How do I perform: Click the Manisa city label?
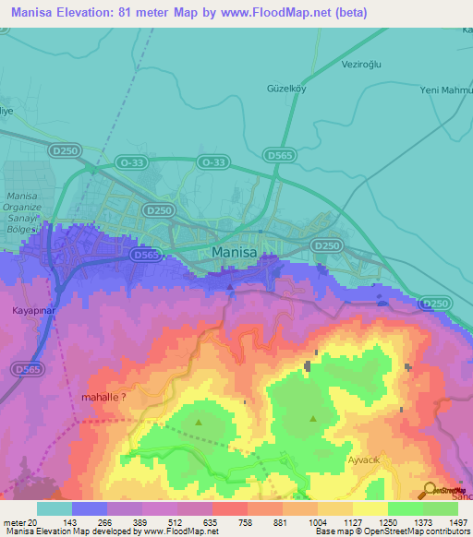coord(240,251)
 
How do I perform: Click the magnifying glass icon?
coord(430,491)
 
